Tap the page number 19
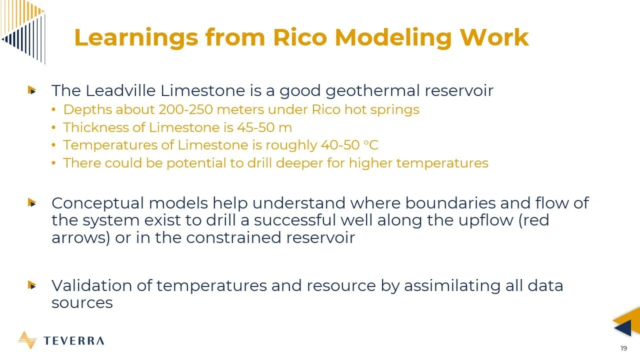click(623, 348)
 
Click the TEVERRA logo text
click(74, 341)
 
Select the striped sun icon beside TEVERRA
click(27, 340)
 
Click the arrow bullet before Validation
click(32, 285)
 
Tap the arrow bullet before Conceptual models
click(32, 203)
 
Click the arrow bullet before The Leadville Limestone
click(32, 90)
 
